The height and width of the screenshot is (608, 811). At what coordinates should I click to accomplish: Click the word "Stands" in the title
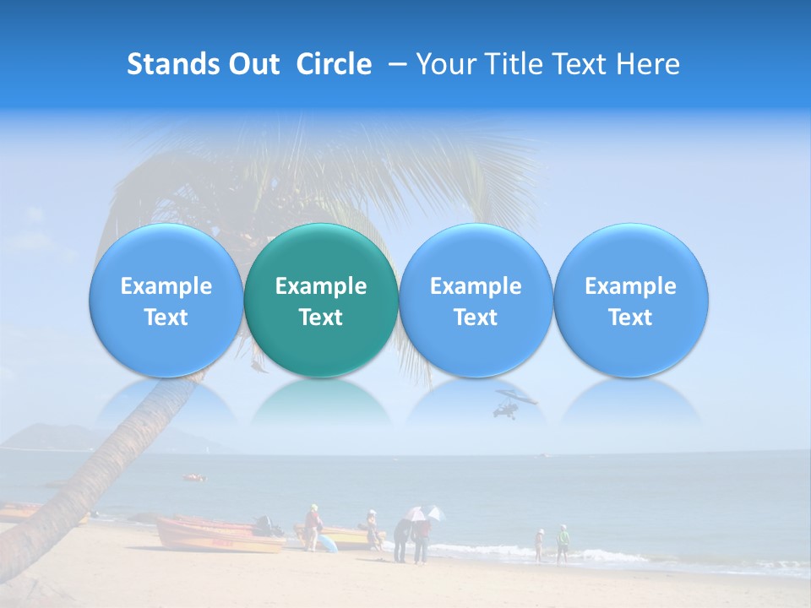click(x=166, y=64)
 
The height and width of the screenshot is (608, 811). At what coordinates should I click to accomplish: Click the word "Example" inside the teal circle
click(x=321, y=286)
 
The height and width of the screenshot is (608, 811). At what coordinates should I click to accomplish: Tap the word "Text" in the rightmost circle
click(x=630, y=318)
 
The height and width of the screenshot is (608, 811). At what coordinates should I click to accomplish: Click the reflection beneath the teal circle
click(x=321, y=403)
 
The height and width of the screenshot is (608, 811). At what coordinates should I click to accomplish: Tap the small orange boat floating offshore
click(x=194, y=478)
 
